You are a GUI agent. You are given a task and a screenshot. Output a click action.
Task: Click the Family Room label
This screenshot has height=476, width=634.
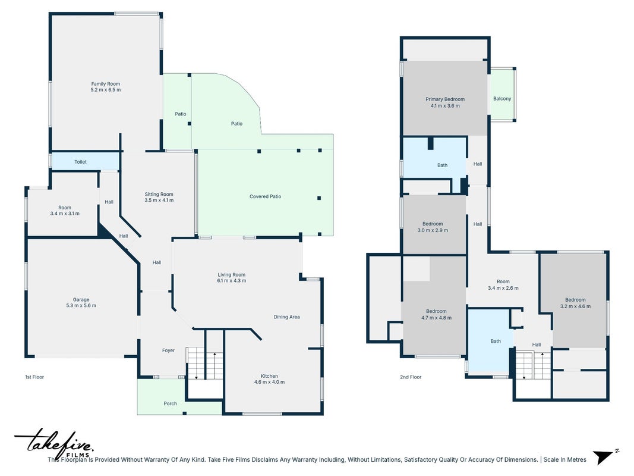tap(106, 84)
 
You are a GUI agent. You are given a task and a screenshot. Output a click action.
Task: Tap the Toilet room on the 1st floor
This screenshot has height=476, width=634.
tap(86, 161)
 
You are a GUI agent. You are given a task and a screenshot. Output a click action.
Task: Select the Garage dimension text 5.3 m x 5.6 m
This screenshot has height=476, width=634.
tap(81, 306)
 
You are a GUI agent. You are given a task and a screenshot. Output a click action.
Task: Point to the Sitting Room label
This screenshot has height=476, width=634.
tap(159, 195)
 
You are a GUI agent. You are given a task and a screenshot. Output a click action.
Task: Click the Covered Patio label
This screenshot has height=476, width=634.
tap(265, 196)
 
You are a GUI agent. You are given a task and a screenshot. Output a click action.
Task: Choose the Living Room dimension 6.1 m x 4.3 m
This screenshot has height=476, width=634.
tap(232, 280)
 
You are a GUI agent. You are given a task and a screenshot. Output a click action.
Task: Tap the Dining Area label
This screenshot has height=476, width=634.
tap(286, 317)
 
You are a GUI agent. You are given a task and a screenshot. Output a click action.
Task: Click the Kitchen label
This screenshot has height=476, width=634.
tap(269, 376)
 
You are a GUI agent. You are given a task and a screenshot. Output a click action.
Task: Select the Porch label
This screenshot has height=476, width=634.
tap(170, 403)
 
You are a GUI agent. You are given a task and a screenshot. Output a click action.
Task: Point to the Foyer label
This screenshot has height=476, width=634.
tap(168, 350)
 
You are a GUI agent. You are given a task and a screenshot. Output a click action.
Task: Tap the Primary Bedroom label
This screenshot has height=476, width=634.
tap(445, 99)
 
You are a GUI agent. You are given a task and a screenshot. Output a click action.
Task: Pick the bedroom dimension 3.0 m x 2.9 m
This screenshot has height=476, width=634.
tap(433, 230)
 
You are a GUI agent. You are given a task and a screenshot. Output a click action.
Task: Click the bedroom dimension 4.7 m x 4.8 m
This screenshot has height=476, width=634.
tap(436, 318)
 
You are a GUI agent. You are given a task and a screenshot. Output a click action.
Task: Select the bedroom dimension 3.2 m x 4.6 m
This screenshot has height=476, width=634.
tap(575, 306)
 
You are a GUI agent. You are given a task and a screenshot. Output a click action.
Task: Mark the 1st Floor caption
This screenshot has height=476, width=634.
tap(34, 377)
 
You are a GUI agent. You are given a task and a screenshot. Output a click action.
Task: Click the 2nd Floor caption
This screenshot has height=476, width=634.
tap(411, 377)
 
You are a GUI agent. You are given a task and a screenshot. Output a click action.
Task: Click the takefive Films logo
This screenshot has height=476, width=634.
tap(55, 444)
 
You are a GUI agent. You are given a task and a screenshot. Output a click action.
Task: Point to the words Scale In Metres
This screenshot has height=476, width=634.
tap(565, 459)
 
